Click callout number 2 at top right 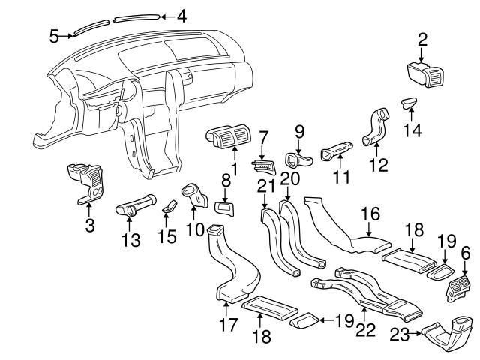point(423,39)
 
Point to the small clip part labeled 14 point(409,103)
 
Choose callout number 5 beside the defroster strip point(54,34)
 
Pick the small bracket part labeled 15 point(169,205)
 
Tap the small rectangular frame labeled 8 point(224,208)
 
